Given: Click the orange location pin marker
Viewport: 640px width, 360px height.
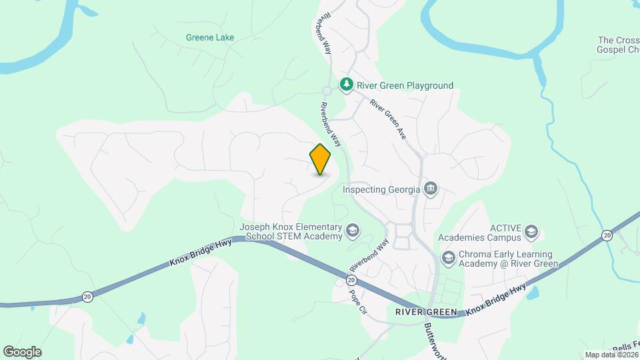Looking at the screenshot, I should point(321,159).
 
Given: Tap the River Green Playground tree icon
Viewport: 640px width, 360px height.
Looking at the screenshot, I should point(346,85).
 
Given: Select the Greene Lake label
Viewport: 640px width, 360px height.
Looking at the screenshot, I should point(209,37).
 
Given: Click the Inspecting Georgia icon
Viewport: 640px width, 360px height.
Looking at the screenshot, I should point(431,189).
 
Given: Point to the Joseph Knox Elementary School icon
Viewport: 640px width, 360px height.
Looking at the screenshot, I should point(353,231).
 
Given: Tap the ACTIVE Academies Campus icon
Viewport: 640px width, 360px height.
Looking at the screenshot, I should point(531,232).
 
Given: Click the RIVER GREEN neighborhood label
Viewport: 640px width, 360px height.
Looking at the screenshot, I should point(425,312).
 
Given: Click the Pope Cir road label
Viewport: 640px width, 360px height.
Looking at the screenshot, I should point(358,301).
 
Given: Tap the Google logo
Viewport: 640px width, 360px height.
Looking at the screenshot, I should point(22,351).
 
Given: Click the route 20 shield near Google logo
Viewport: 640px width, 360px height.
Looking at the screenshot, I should point(87,297).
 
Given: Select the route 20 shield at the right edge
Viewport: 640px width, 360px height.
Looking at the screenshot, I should point(607,235).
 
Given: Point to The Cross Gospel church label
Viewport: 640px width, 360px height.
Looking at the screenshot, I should point(619,45).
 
